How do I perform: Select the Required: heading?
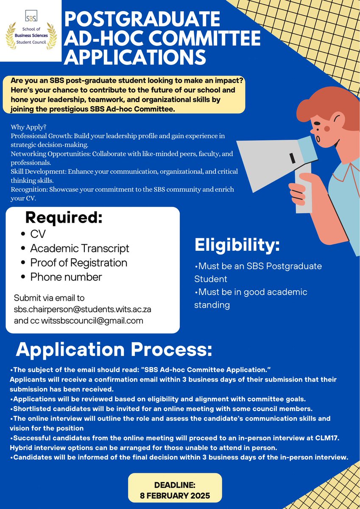(64, 218)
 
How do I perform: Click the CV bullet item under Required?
(37, 234)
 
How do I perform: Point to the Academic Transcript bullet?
(79, 248)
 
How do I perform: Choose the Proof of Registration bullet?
(78, 263)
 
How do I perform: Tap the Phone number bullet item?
(66, 277)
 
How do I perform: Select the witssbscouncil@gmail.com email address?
(92, 321)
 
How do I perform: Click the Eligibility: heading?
(237, 245)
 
